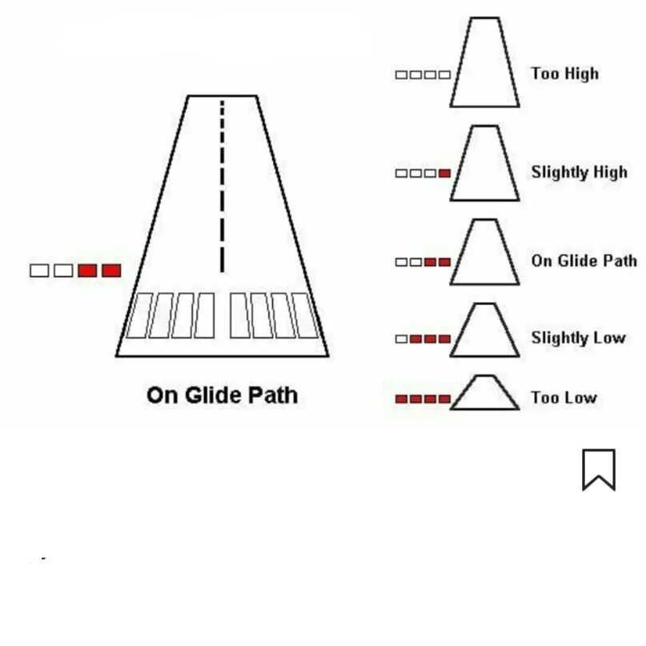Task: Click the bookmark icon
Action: (598, 469)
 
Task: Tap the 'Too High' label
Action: (564, 74)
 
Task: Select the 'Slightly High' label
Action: (579, 172)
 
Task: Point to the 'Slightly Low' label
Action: (577, 338)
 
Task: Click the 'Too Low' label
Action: (564, 398)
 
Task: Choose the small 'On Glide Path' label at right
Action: (584, 261)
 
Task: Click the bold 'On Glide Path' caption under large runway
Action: (222, 395)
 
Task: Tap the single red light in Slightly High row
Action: (444, 174)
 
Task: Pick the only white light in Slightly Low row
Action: (401, 339)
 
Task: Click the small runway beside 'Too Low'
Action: (484, 394)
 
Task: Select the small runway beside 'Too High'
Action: (484, 64)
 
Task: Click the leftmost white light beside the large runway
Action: (39, 271)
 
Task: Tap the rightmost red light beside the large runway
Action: (111, 271)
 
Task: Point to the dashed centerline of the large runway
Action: (223, 184)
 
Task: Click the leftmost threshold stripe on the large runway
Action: (141, 315)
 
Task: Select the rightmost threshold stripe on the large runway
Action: (306, 315)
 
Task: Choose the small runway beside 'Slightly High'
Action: (484, 164)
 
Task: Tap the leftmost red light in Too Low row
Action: (402, 399)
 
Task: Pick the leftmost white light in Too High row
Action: (401, 75)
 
